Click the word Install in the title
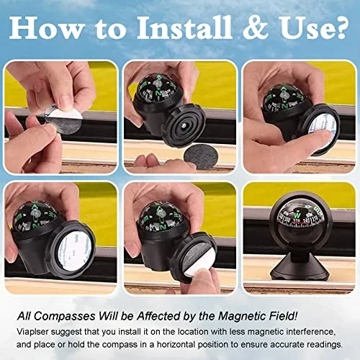point(184,27)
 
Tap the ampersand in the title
point(256,27)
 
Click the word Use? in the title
point(314,27)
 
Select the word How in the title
point(45,27)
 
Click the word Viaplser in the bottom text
point(32,332)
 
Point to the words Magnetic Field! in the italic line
point(258,316)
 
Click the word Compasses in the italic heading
point(65,317)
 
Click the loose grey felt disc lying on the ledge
point(199,156)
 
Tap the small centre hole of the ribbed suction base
point(183,125)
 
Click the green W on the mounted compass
point(297,214)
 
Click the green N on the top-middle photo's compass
point(158,93)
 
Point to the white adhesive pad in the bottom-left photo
point(71,251)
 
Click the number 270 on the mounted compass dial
point(297,221)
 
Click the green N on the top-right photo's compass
point(284,106)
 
